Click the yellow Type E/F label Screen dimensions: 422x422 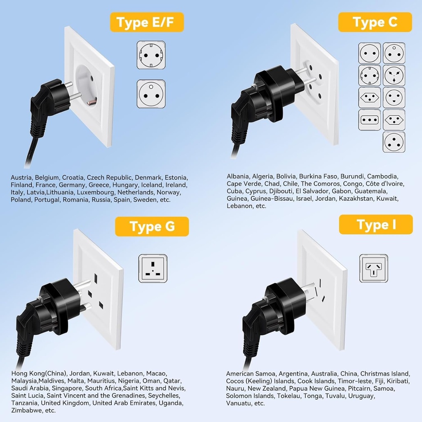(x=146, y=22)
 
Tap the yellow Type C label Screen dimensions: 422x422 (x=375, y=22)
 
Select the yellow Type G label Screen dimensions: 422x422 (x=152, y=226)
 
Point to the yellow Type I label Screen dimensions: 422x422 (x=375, y=225)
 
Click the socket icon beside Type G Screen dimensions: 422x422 (x=153, y=268)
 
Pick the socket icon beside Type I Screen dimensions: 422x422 (x=373, y=268)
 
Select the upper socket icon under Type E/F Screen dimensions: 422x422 (x=151, y=55)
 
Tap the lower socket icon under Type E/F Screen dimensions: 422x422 (x=151, y=94)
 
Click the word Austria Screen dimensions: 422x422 (x=21, y=178)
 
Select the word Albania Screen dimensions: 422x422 (x=238, y=176)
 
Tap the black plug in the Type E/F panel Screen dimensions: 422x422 (x=47, y=101)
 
